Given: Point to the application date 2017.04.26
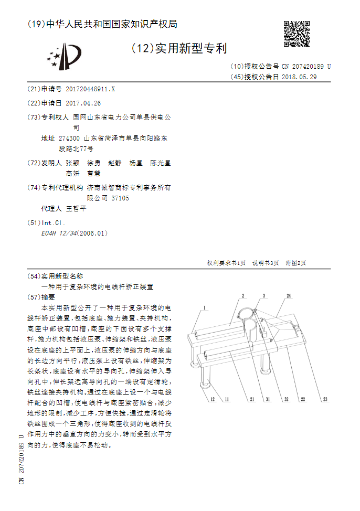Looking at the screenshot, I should tap(83, 103).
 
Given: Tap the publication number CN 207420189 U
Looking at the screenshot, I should tap(306, 67).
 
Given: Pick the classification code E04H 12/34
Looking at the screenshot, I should tap(58, 233).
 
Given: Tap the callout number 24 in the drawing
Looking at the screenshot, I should tap(288, 296).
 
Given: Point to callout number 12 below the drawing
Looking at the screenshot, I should tap(213, 400).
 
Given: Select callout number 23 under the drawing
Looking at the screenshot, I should tap(325, 400).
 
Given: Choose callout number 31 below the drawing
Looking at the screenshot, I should tap(267, 400).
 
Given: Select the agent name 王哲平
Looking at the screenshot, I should tap(76, 209).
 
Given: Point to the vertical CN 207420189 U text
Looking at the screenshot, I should tap(22, 459).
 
